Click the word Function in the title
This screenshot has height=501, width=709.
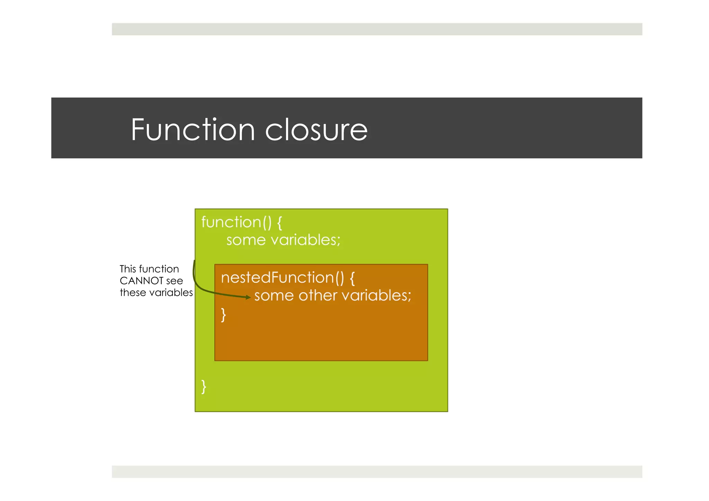coord(193,130)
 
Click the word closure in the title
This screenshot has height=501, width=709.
coord(316,131)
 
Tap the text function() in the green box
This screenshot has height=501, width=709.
coord(236,222)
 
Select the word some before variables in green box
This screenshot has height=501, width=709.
coord(246,240)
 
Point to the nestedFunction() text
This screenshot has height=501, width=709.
coord(282,278)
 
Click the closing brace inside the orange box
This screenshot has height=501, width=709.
coord(224,315)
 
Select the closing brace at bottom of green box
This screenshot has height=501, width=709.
coord(204,387)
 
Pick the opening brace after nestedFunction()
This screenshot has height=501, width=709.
coord(352,278)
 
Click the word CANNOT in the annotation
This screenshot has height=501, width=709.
coord(141,281)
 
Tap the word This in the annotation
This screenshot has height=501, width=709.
coord(128,269)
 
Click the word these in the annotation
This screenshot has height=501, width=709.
coord(133,293)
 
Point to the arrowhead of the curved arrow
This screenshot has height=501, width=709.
coord(248,297)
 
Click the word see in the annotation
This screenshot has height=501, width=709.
coord(174,281)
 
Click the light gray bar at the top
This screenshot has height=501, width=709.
coord(377,29)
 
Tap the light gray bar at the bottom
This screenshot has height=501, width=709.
coord(377,472)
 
